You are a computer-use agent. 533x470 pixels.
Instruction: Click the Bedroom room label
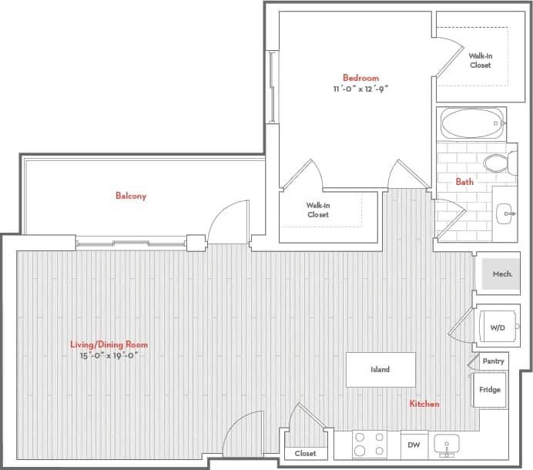click(360, 78)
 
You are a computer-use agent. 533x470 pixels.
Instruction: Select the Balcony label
click(131, 196)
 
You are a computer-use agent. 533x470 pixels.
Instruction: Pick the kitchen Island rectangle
click(380, 370)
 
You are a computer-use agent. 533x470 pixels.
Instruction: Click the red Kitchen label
click(424, 404)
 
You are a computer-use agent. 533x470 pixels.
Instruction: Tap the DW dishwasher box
click(414, 445)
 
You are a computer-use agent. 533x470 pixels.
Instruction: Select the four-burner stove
click(369, 445)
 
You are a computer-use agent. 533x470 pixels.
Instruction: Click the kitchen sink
click(447, 445)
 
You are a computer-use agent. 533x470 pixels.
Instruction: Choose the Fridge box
click(490, 390)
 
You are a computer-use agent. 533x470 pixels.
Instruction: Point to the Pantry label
click(493, 361)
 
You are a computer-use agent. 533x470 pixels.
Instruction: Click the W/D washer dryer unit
click(497, 327)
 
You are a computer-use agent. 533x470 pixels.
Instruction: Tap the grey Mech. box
click(501, 274)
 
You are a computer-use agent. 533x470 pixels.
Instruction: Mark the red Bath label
click(464, 183)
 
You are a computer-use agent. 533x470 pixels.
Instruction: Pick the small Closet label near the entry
click(305, 454)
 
